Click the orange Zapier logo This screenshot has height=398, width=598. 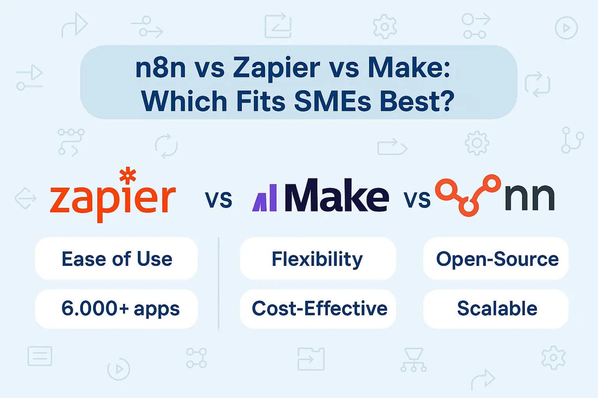(x=113, y=198)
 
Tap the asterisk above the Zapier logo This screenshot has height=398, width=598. (x=128, y=175)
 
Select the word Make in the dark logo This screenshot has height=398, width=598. (x=336, y=196)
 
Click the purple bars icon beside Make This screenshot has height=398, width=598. (x=265, y=198)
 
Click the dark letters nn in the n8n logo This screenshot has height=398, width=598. (x=529, y=197)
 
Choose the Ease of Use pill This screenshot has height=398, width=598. (x=116, y=259)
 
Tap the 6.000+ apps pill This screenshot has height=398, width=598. (x=116, y=309)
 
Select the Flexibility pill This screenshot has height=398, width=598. (x=317, y=259)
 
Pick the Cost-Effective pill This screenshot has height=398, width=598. (x=319, y=309)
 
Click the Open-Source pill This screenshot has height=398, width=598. (x=496, y=259)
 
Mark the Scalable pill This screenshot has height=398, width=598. (x=496, y=309)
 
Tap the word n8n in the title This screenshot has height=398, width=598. (x=160, y=68)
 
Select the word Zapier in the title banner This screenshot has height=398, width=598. (x=276, y=68)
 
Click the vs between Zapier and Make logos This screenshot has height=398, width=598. (x=218, y=199)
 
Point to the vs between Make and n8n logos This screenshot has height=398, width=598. (x=417, y=199)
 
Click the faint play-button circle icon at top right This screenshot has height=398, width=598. (x=566, y=28)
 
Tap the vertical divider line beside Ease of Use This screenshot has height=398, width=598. (x=219, y=284)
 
